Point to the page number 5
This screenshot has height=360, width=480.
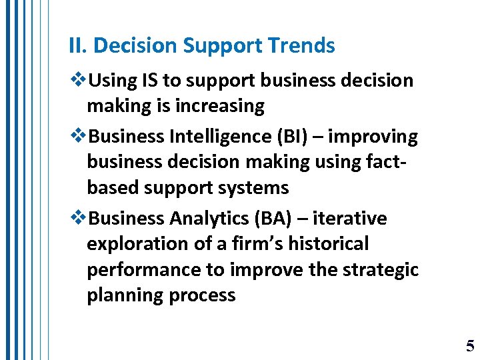point(470,346)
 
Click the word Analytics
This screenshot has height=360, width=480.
point(210,219)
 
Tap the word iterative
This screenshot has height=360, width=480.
point(349,219)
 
